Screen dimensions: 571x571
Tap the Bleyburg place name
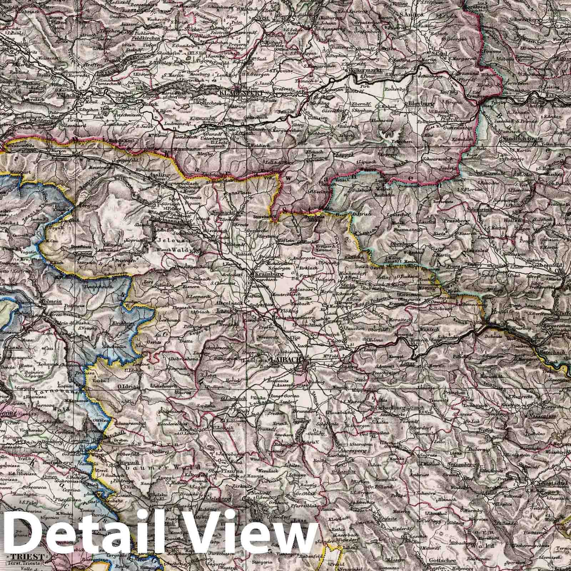pyautogui.click(x=419, y=104)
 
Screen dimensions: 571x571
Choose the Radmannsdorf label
pyautogui.click(x=170, y=222)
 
